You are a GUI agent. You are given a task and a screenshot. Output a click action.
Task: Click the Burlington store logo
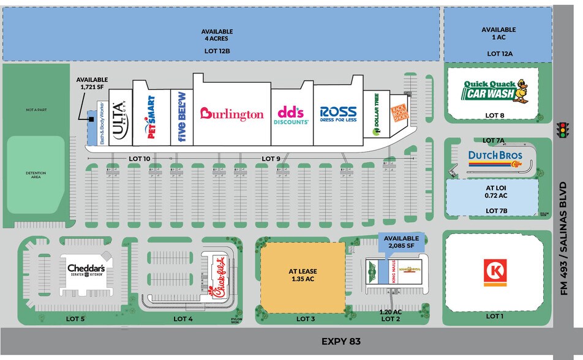[x=232, y=114]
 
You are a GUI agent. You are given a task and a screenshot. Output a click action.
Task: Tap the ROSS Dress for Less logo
[x=338, y=114]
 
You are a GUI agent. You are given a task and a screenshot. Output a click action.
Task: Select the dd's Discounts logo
[x=291, y=114]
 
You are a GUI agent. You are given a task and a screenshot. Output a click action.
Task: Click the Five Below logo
[x=181, y=117]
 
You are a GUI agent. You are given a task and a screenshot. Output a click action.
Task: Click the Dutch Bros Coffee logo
[x=495, y=159]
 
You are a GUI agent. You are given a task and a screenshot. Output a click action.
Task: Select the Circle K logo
[x=495, y=272]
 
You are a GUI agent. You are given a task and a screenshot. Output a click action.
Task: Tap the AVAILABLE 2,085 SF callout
[x=401, y=242]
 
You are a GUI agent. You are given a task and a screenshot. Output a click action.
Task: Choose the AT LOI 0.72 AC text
[x=494, y=192]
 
